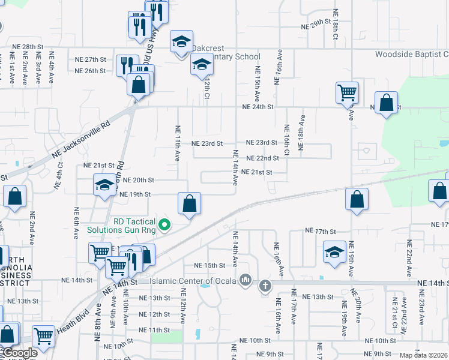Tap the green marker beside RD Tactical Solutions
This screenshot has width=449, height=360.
coord(167,226)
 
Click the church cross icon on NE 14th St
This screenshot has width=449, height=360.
coord(265,286)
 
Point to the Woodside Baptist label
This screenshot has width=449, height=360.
coord(412,55)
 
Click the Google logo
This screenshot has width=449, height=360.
coord(19,353)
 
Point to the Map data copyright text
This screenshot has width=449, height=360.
coord(424,355)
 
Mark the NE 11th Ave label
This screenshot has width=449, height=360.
coord(178,143)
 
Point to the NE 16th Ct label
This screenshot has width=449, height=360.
coord(286,140)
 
